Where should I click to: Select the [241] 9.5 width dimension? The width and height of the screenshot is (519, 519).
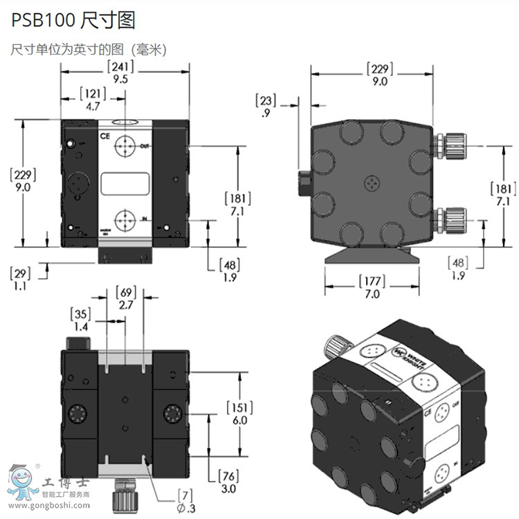[x=120, y=72]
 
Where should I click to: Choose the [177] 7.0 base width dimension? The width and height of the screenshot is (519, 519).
[x=372, y=287]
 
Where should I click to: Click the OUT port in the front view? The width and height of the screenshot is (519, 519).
[x=125, y=147]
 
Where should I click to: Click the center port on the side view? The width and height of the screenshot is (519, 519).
[x=372, y=183]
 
